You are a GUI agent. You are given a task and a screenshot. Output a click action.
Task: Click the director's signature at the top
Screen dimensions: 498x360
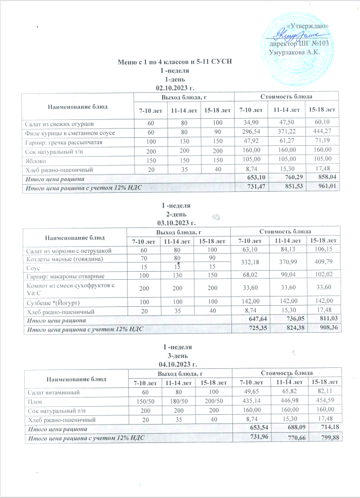[x=295, y=35]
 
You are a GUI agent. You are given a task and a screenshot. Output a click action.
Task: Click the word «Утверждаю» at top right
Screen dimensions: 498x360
[x=306, y=26]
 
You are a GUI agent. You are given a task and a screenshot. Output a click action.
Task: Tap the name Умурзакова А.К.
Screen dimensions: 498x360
[x=294, y=52]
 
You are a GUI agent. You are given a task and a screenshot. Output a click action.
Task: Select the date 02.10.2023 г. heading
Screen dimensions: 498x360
[x=174, y=87]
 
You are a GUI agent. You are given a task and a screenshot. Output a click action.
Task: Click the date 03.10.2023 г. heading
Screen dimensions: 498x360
[x=174, y=222]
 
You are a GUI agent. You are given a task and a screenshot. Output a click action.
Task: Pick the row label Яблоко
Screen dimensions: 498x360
[x=34, y=161]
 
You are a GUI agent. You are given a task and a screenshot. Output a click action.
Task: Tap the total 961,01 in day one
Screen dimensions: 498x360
[x=326, y=185]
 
